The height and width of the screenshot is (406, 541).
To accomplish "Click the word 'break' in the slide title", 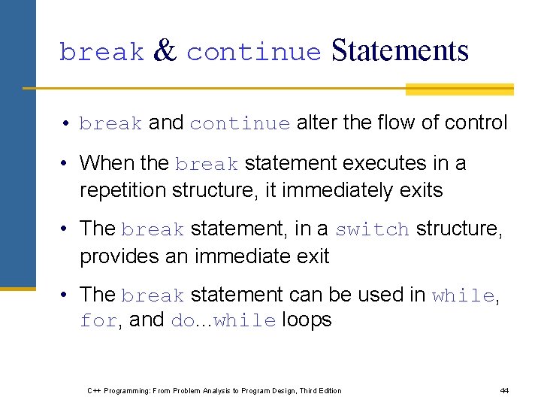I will tap(101, 53).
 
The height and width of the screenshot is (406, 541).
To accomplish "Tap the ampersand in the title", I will tap(165, 50).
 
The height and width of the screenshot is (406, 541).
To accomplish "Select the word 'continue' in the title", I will tap(254, 53).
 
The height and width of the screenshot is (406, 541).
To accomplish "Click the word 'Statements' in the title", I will tap(400, 50).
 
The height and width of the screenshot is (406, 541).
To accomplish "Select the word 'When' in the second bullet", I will tap(106, 163).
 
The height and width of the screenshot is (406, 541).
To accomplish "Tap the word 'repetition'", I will tap(123, 190).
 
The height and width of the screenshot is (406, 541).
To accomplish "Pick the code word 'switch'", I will tap(372, 229).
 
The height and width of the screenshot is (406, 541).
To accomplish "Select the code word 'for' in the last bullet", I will tap(98, 321).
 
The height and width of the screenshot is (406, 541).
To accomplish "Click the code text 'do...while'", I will tap(224, 321).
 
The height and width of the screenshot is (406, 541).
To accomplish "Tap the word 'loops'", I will tap(307, 320).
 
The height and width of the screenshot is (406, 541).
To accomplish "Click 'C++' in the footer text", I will tap(95, 391).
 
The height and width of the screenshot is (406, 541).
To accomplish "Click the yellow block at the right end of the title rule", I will tap(459, 89).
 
